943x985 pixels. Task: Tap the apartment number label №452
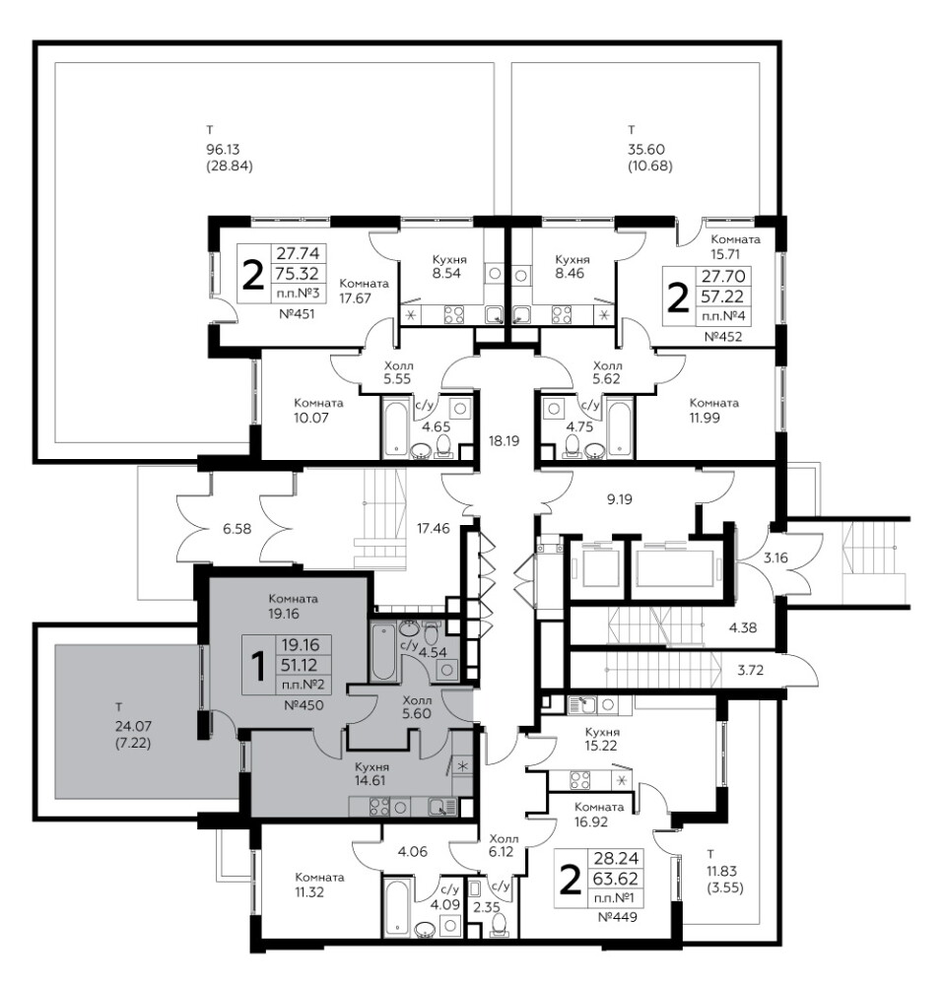722,337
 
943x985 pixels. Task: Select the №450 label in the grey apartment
303,705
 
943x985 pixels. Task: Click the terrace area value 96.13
224,150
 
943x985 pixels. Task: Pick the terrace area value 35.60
645,150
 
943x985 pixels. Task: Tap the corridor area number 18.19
504,441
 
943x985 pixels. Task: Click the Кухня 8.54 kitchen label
447,266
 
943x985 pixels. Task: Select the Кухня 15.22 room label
601,739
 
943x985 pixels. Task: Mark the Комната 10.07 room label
318,410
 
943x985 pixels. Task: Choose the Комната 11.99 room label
713,410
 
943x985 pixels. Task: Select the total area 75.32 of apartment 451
298,273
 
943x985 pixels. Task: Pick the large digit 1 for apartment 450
257,667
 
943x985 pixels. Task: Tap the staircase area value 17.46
434,528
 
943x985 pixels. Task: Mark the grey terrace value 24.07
133,726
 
